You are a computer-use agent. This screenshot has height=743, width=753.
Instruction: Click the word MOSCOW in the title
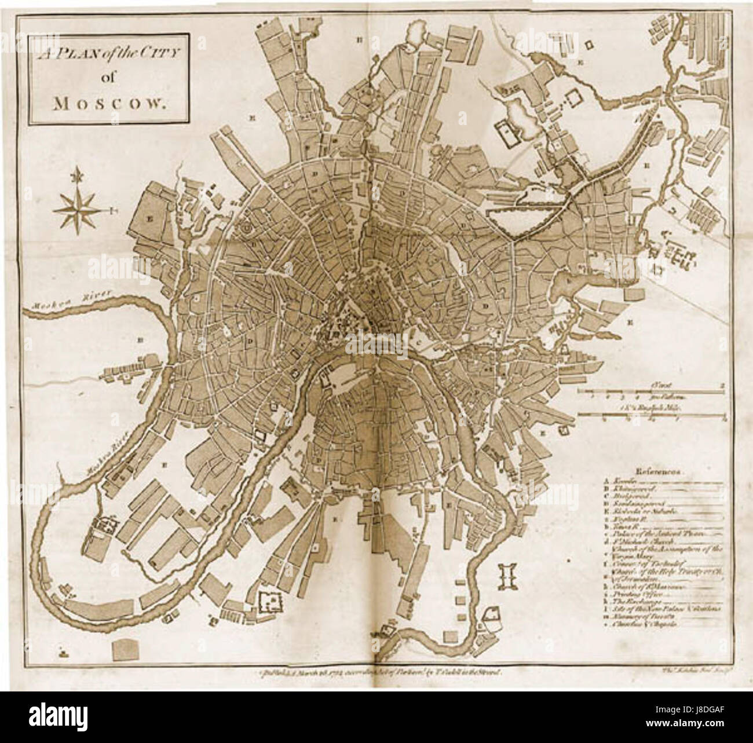pyautogui.click(x=111, y=104)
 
